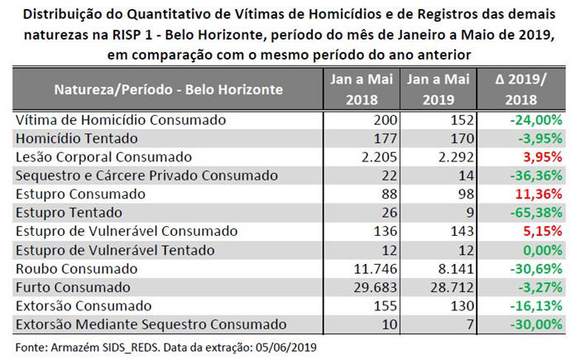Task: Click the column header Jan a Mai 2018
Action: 362,89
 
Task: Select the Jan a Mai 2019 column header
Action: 439,89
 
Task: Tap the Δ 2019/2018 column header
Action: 520,89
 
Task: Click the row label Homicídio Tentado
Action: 77,138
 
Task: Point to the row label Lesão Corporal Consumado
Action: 103,157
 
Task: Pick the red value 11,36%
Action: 539,194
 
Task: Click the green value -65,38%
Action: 536,213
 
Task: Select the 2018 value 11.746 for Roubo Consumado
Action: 376,269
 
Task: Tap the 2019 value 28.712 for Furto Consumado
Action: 452,287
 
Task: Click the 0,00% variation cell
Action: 543,250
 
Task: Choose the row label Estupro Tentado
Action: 69,213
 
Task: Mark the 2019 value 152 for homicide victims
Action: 463,120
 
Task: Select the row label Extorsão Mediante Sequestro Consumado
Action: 151,324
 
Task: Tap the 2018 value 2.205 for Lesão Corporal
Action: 380,157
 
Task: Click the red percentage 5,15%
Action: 543,231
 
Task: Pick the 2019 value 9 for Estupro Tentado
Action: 470,213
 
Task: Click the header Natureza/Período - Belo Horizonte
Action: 168,89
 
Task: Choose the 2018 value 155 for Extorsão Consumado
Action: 386,306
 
